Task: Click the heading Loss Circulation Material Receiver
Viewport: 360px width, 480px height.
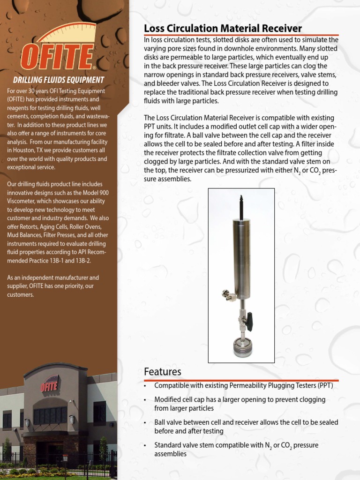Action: (223, 29)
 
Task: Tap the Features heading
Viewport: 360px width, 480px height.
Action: (162, 372)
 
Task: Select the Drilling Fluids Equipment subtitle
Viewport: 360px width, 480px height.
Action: (58, 80)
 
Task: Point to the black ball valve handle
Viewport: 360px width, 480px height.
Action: (250, 322)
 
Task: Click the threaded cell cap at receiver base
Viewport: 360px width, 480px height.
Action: (243, 347)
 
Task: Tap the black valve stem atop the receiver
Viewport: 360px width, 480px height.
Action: (241, 207)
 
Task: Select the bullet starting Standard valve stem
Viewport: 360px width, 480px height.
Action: (236, 449)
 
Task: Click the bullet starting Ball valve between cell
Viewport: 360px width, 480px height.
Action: (246, 427)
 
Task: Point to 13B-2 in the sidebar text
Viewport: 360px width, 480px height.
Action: (83, 261)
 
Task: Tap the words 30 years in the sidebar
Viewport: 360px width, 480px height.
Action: (36, 91)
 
